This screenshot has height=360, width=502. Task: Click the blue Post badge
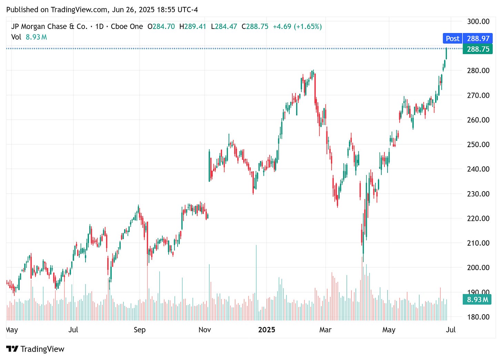tap(452, 39)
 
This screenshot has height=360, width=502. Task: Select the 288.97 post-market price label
tap(478, 39)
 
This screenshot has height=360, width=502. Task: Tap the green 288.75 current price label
tap(478, 49)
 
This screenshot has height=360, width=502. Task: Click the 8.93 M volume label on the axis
tap(478, 300)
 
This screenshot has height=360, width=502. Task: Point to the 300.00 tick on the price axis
tap(478, 21)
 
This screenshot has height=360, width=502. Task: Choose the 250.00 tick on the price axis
tap(478, 144)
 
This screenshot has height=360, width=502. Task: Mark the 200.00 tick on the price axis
tap(478, 267)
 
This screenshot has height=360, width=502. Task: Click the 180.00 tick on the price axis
tap(478, 317)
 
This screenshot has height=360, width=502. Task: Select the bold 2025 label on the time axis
tap(267, 330)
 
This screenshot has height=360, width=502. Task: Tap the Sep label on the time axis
tap(139, 330)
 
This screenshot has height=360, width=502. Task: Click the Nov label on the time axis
tap(204, 330)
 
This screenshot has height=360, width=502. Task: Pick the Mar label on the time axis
tap(325, 330)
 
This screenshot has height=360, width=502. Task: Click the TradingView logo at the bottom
tap(35, 349)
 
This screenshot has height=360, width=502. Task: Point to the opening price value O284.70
tap(161, 27)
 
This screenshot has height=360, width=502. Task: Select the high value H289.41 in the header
tap(193, 27)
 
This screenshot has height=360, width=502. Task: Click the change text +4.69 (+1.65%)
tap(297, 27)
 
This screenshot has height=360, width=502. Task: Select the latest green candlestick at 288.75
tap(446, 53)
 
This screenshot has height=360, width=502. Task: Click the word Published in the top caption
tap(22, 10)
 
